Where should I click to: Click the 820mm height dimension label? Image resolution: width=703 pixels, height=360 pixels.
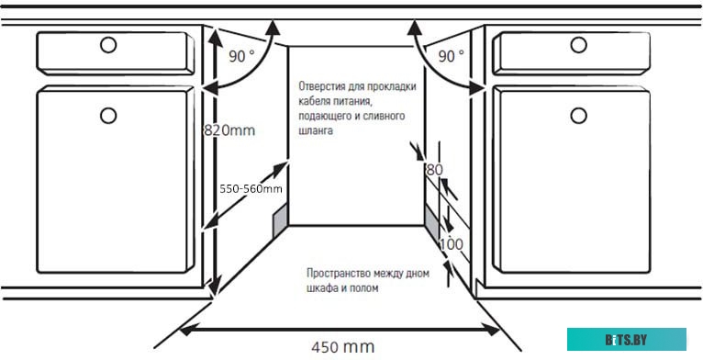[x=229, y=130]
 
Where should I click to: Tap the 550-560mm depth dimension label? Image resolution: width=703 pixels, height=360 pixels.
[x=250, y=188]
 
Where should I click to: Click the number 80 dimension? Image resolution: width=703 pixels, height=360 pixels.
[x=434, y=169]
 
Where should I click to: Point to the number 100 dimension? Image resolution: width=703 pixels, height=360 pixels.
[x=451, y=245]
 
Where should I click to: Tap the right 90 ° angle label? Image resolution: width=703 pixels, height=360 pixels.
[x=451, y=56]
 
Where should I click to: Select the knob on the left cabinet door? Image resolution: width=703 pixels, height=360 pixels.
[x=109, y=115]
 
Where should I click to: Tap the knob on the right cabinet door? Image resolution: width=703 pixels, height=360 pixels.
[x=578, y=115]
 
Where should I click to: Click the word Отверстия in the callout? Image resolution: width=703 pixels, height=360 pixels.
[x=323, y=87]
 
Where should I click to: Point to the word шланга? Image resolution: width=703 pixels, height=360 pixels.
[x=315, y=131]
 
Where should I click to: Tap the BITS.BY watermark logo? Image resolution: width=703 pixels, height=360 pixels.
[x=626, y=340]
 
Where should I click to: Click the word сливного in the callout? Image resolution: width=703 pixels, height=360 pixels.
[x=391, y=117]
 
